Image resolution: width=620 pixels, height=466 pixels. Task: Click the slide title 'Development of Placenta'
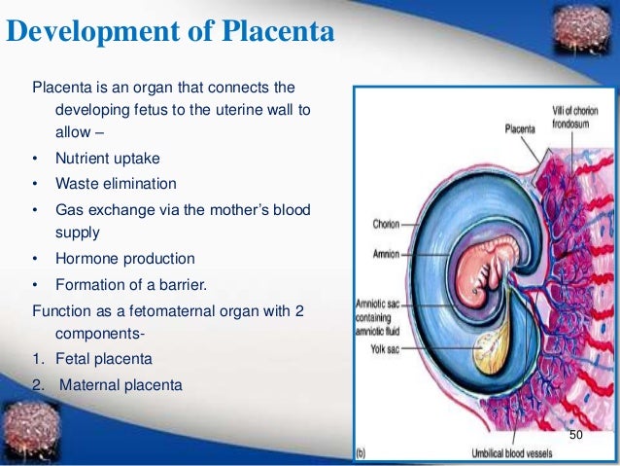tap(171, 33)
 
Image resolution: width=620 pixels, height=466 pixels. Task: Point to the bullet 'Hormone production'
tap(124, 259)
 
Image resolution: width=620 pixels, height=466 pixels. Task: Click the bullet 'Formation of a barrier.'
tap(131, 284)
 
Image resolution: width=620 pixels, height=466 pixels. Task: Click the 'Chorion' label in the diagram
tap(386, 224)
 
